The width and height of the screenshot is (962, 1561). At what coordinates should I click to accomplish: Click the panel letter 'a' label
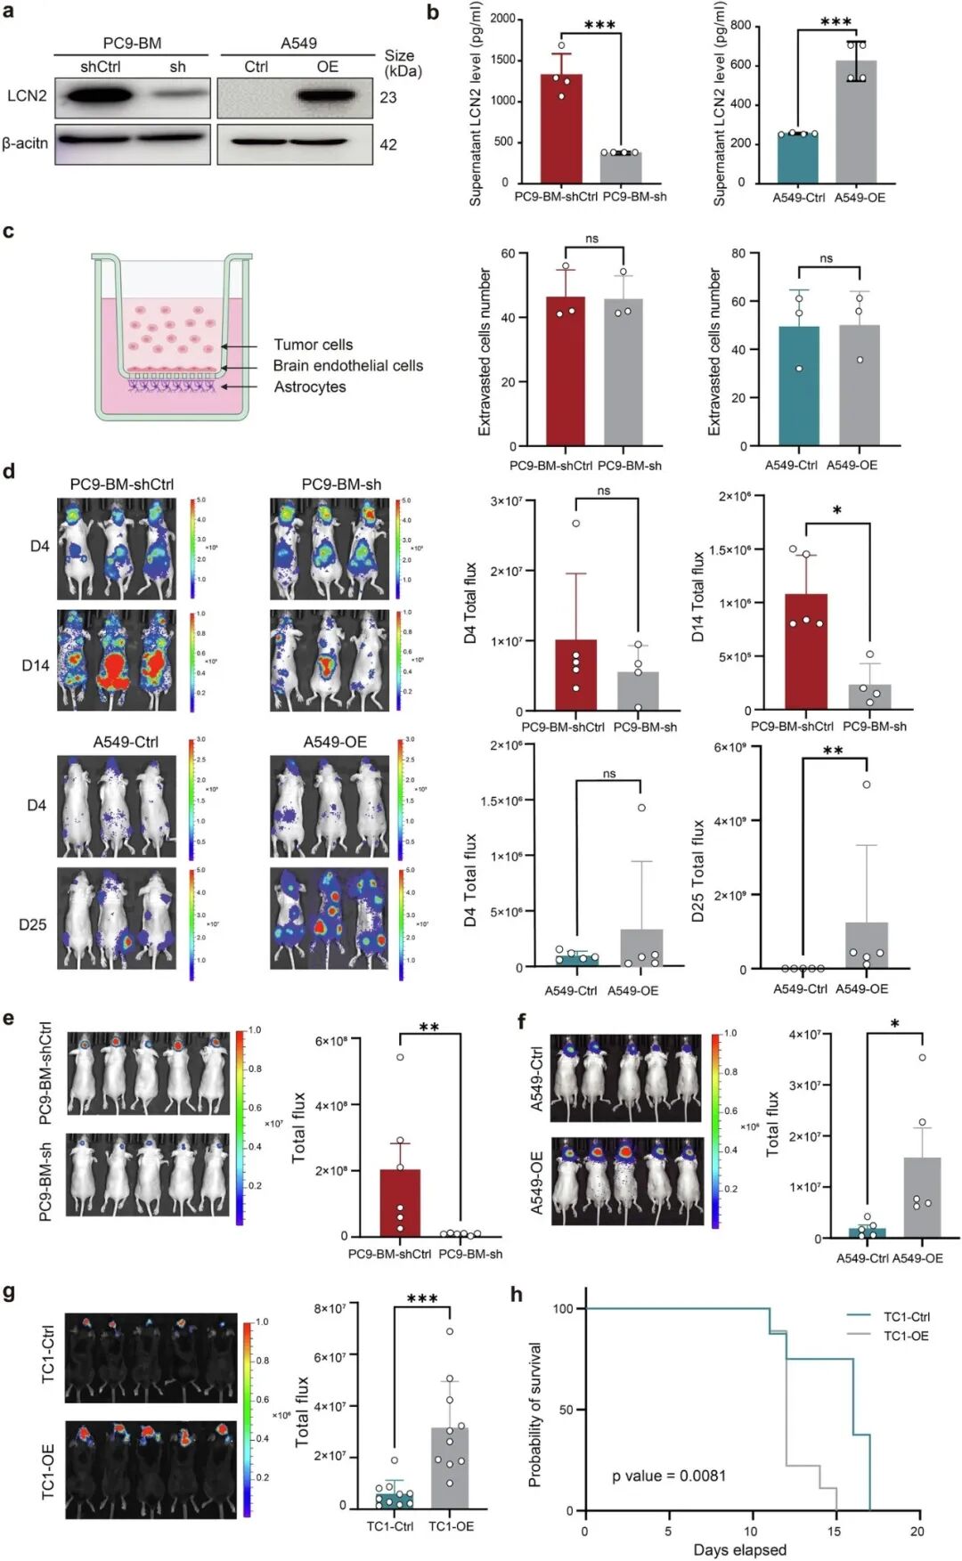point(8,12)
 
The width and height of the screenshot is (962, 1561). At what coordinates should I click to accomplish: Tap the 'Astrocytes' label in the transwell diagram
point(310,386)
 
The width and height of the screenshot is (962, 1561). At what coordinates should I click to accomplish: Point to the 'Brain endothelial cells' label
point(347,365)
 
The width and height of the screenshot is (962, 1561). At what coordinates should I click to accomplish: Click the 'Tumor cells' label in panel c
point(313,345)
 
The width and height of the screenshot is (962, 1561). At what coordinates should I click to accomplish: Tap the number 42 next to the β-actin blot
point(388,144)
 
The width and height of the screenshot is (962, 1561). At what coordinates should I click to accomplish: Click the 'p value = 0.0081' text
point(668,1476)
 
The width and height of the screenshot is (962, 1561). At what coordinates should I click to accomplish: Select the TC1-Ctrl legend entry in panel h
point(906,1316)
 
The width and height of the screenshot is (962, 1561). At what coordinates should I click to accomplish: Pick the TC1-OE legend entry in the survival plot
point(905,1336)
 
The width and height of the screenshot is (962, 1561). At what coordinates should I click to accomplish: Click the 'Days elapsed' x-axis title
point(739,1549)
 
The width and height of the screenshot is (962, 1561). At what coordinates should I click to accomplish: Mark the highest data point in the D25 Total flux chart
point(866,785)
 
